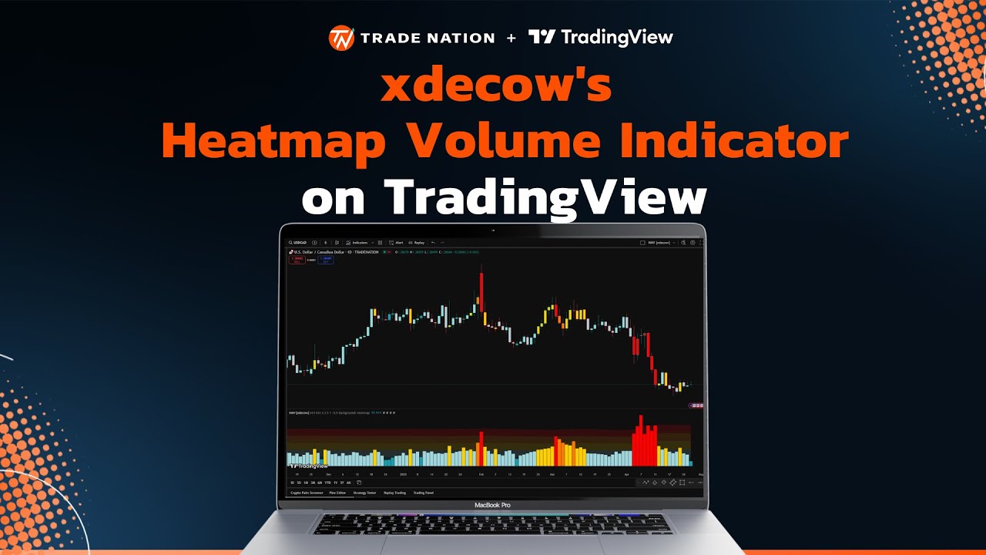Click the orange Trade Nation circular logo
tap(341, 38)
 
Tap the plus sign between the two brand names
tap(511, 38)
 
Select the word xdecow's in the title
tap(496, 86)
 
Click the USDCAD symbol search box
tap(300, 242)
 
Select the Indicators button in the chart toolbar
tap(359, 242)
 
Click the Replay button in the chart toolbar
tap(417, 242)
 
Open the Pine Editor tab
tap(337, 493)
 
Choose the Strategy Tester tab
tap(364, 493)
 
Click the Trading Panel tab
tap(423, 493)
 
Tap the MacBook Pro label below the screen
tap(491, 505)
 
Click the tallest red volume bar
tap(640, 440)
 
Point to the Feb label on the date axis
tap(481, 474)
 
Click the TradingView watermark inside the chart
tap(308, 466)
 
